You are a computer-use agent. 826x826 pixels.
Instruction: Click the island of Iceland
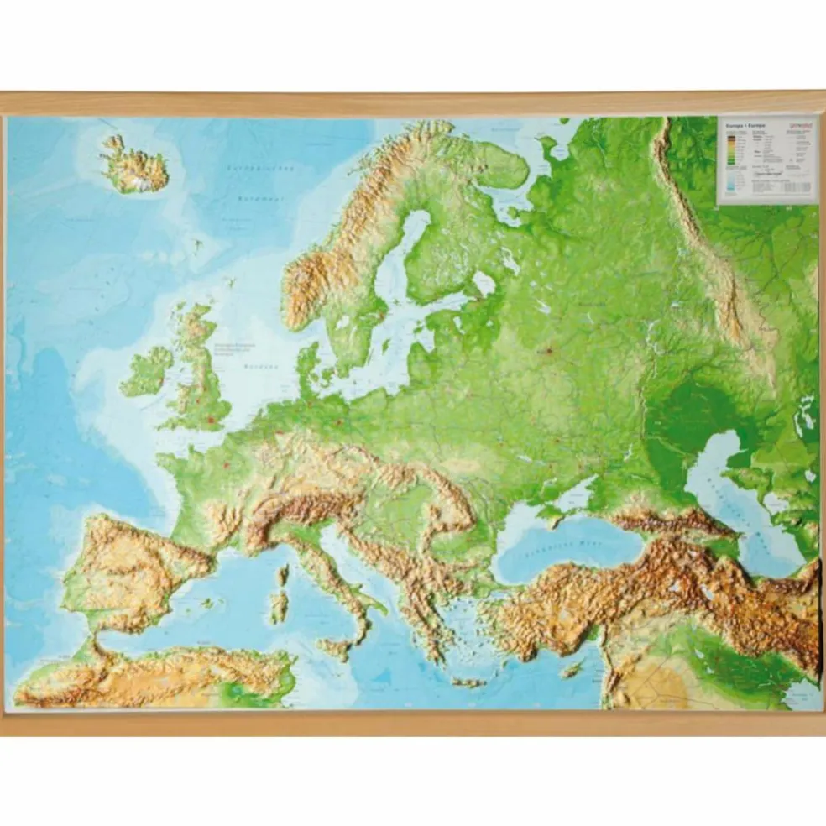pos(134,165)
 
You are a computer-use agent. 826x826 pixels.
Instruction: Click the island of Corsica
pos(283,575)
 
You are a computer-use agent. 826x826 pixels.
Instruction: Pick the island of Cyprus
pos(573,669)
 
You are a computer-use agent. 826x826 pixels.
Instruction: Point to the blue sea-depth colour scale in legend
pos(729,186)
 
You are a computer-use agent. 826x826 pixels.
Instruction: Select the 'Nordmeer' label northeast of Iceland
pos(248,200)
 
